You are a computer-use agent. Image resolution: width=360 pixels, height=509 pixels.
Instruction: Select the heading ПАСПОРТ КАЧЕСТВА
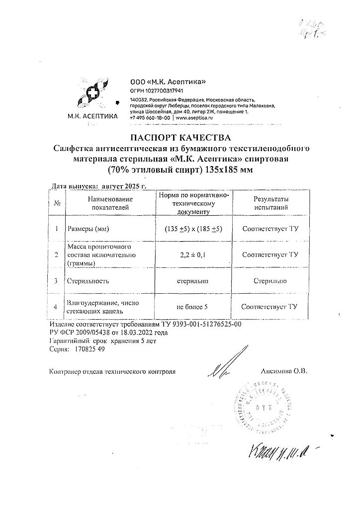click(180, 137)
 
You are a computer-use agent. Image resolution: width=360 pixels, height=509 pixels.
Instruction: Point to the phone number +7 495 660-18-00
click(150, 119)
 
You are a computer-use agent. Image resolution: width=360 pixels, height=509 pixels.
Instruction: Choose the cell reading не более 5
click(193, 308)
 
